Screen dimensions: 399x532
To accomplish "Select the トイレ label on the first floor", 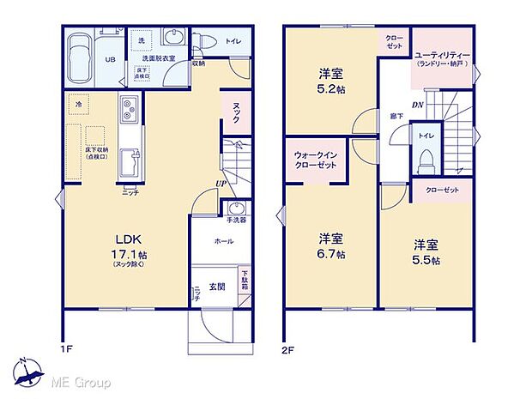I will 233,39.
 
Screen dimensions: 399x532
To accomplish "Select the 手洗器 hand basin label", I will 237,221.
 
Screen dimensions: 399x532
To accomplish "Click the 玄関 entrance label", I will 218,287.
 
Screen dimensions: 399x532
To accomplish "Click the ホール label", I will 223,242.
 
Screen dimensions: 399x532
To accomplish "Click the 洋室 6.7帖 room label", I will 330,244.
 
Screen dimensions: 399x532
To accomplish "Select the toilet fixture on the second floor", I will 426,160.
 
